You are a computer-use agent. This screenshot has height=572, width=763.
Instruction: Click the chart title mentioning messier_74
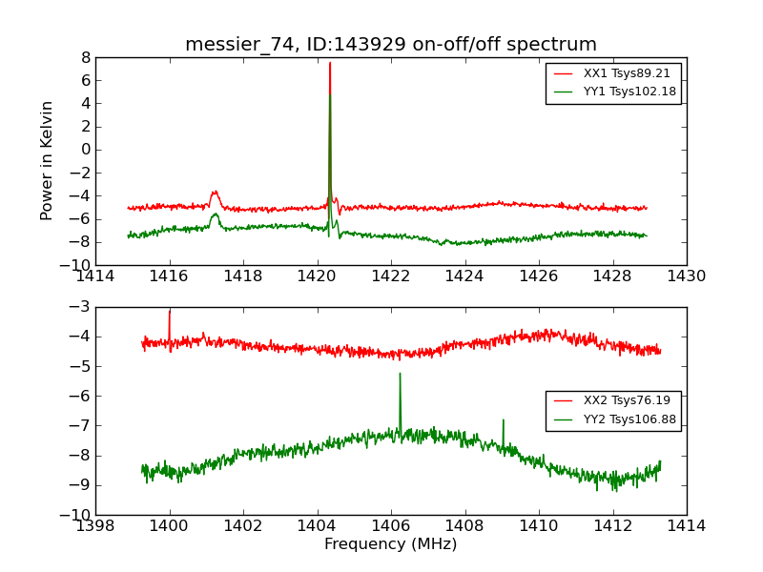tap(391, 45)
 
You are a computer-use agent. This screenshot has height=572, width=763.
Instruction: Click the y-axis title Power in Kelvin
tap(47, 160)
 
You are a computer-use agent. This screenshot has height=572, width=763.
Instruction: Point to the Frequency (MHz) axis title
tap(391, 544)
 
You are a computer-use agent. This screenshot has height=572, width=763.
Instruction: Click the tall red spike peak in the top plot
tap(330, 63)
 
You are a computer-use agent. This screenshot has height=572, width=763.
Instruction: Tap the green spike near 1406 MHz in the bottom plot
tap(400, 374)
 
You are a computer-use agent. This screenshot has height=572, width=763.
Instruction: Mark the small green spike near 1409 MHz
tap(503, 420)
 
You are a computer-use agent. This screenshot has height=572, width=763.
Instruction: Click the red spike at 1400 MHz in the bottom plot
tap(170, 312)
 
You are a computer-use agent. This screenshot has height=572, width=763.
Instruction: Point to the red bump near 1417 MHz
tap(215, 193)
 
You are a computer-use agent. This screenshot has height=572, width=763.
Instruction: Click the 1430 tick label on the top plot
tap(686, 276)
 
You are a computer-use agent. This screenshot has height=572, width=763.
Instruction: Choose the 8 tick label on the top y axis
tap(85, 57)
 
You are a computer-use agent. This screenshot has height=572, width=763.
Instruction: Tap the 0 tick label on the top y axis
tap(85, 150)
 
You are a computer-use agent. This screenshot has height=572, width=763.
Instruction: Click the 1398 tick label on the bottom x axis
tap(95, 526)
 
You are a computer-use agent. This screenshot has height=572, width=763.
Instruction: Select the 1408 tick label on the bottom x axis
tap(464, 526)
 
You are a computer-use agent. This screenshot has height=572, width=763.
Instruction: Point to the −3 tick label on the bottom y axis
tap(80, 307)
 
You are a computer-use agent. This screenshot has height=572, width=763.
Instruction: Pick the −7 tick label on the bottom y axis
tap(80, 426)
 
